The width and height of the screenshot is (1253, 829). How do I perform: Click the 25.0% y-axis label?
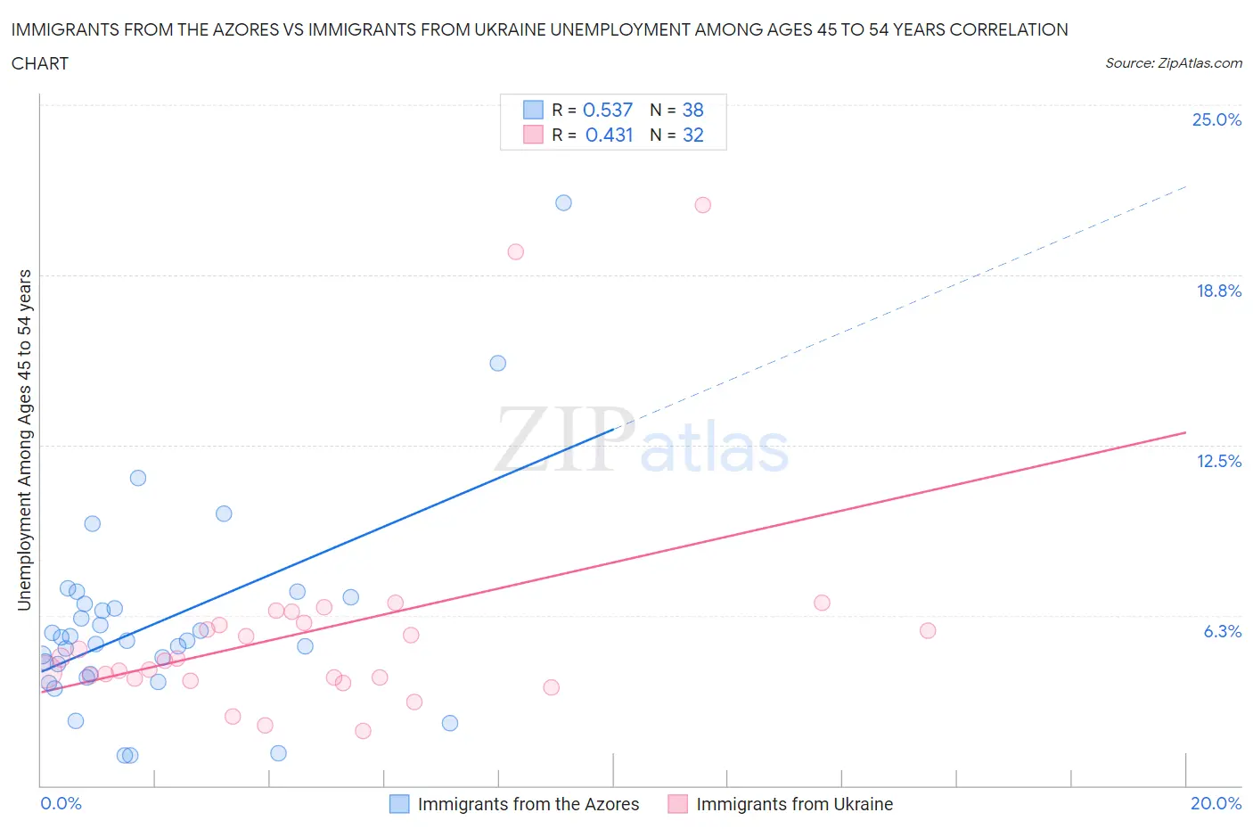[1216, 119]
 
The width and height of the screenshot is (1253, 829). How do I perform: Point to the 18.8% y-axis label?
[1218, 291]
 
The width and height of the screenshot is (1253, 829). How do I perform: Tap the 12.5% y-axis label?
[1218, 461]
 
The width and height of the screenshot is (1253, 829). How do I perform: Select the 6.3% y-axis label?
[1222, 631]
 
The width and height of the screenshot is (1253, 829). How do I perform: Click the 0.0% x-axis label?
[61, 803]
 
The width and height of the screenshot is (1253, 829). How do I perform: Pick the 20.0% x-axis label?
[1216, 803]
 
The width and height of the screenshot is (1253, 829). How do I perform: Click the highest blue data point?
[563, 202]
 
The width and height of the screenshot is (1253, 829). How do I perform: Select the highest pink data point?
[702, 205]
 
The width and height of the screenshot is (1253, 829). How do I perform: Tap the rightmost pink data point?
[927, 630]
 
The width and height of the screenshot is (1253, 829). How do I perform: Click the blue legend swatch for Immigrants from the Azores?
[399, 804]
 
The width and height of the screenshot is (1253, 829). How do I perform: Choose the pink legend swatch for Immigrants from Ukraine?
[678, 804]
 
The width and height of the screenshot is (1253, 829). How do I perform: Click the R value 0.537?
[607, 110]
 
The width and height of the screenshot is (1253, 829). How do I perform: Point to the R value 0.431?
[609, 135]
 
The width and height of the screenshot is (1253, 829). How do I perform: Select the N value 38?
[692, 110]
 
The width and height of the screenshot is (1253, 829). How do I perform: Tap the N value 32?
[692, 135]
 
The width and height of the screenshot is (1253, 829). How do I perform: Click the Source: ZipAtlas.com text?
[1173, 63]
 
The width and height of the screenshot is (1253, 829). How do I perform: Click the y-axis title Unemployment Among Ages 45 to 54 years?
[25, 439]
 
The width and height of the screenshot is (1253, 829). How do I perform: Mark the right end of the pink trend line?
[1185, 432]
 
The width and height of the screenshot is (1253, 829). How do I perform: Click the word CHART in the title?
[40, 63]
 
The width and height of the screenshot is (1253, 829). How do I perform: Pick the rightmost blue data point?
[563, 202]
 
